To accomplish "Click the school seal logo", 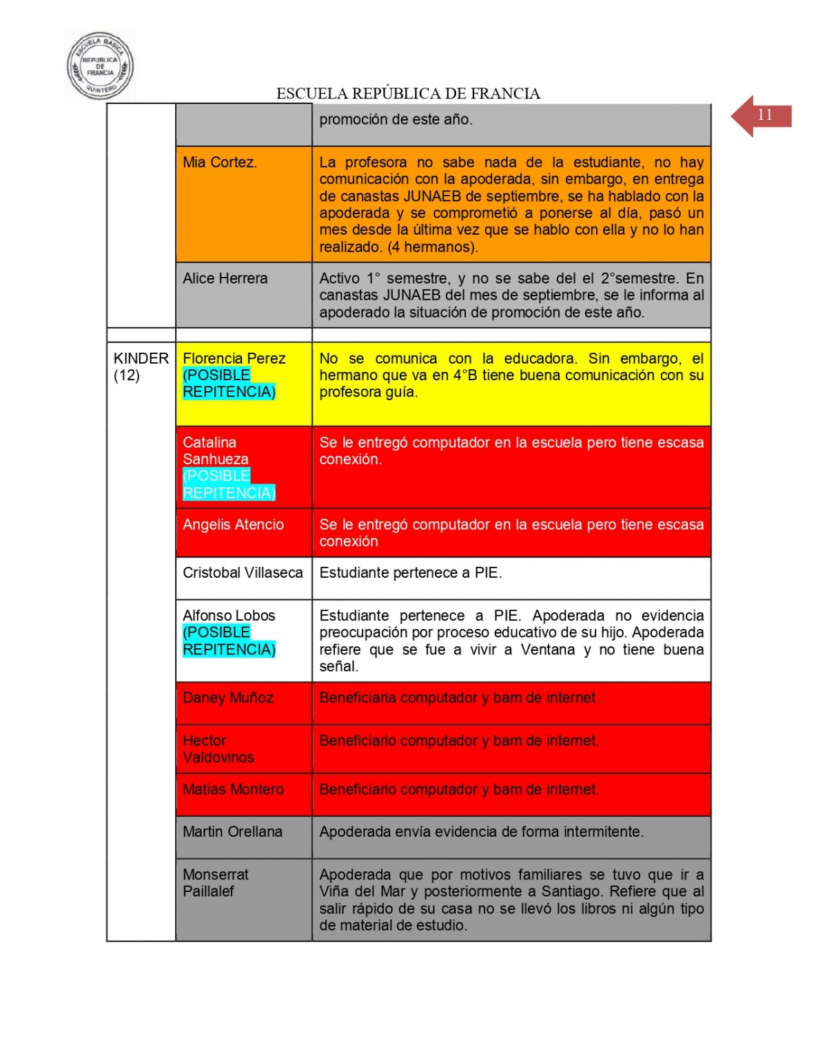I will point(100,66).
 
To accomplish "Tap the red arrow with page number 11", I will point(760,116).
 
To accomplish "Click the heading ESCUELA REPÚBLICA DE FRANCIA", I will point(408,94).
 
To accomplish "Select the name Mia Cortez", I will point(220,163).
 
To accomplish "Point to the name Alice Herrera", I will point(225,278).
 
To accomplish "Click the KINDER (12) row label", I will point(141,366).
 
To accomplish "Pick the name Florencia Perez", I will point(234,358).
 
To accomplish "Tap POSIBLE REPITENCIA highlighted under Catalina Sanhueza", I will point(228,484).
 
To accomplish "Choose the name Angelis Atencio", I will point(233,525).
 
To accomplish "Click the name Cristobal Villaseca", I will point(243,573).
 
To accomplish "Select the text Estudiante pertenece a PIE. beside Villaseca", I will point(410,573).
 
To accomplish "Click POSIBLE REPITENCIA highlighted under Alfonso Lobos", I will point(228,641).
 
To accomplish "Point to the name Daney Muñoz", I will point(228,698).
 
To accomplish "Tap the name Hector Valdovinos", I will point(218,749).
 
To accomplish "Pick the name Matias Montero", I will point(233,789).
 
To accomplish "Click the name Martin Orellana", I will point(232,832).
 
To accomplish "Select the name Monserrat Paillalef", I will point(215,882).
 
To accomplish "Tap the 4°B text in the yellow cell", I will point(467,375).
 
